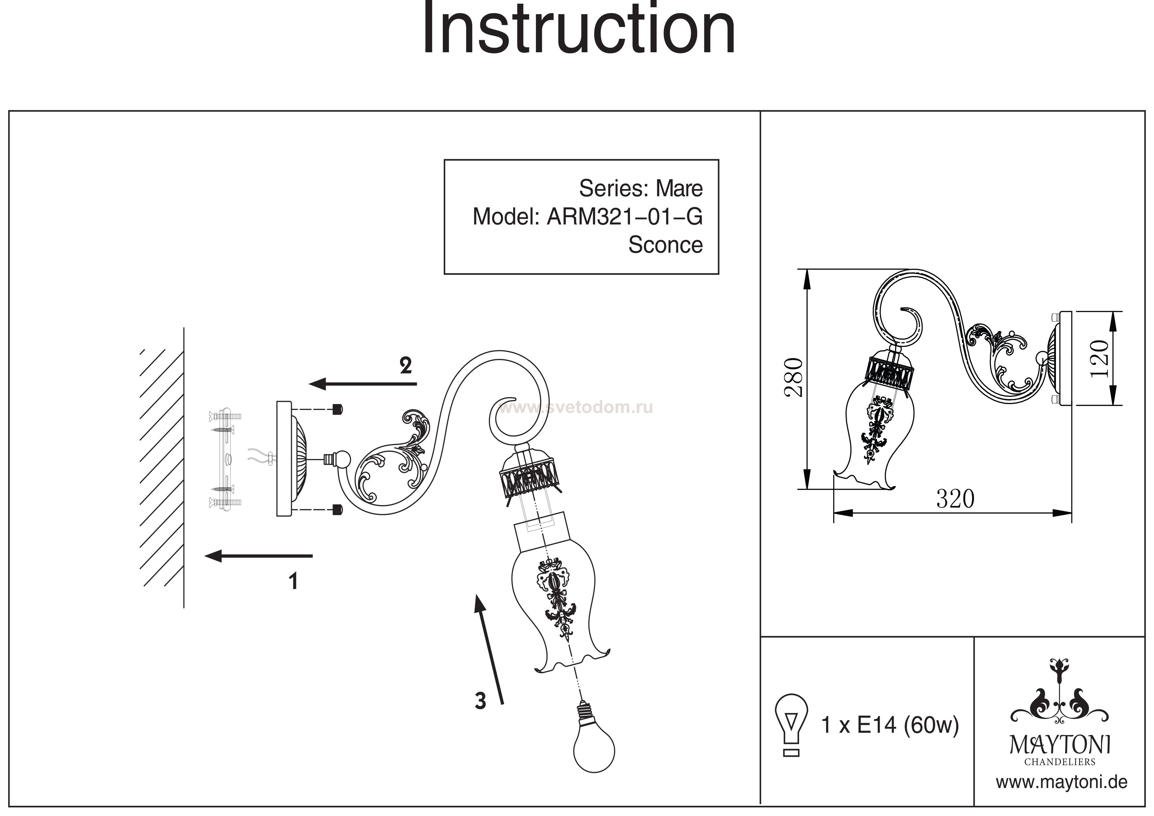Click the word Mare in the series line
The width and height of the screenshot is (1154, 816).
(679, 189)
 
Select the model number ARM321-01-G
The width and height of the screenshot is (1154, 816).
(624, 217)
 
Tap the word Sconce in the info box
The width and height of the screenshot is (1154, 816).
(665, 245)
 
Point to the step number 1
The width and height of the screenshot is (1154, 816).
(293, 582)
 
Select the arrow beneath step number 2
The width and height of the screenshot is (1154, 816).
(363, 384)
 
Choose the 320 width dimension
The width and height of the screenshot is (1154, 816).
(955, 499)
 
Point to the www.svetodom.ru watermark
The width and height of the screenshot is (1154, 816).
(575, 407)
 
